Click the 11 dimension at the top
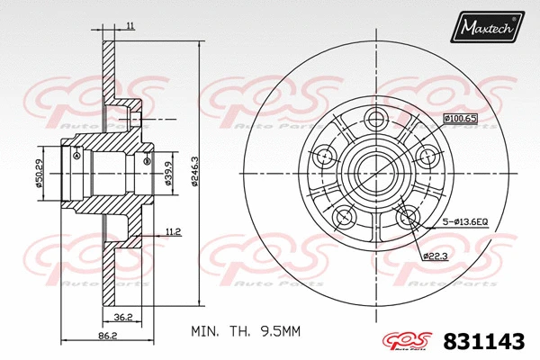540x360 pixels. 130,28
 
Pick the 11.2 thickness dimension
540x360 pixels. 175,231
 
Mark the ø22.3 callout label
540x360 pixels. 436,256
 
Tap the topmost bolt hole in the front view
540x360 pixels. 377,117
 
